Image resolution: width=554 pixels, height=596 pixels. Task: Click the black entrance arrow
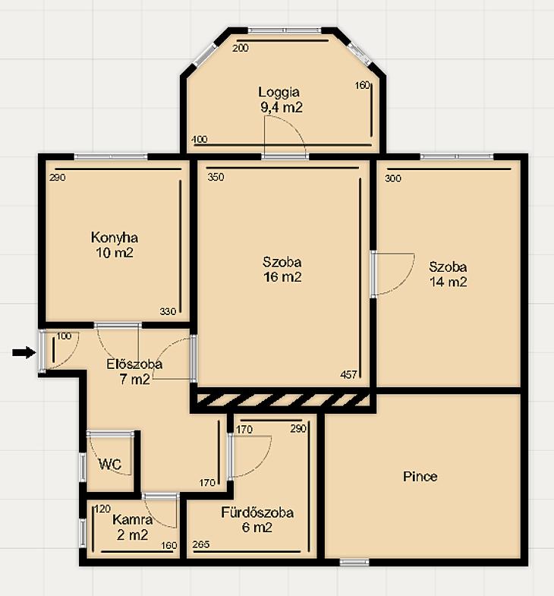(x=24, y=353)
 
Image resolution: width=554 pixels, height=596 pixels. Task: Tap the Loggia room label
(x=279, y=92)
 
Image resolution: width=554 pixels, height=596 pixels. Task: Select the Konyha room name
(x=115, y=238)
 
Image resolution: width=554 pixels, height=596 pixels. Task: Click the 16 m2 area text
(x=282, y=276)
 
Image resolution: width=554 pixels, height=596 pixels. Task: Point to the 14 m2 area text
(x=448, y=282)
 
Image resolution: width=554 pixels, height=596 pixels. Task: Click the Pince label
(x=420, y=476)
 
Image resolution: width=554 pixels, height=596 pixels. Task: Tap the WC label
(x=110, y=464)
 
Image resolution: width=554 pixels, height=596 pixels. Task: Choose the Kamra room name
(x=133, y=519)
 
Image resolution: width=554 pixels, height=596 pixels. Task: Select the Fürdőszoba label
(x=257, y=512)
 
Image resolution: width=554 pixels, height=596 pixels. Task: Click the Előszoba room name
(x=134, y=364)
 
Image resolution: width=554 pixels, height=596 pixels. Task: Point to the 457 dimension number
(x=348, y=375)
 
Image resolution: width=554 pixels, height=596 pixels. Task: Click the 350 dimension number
(x=216, y=177)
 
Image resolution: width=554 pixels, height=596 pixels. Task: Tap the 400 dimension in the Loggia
(x=200, y=139)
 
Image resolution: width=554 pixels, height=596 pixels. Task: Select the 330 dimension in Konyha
(x=168, y=312)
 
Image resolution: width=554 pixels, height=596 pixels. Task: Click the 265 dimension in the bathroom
(x=201, y=544)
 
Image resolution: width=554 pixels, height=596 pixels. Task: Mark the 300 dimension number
(x=393, y=178)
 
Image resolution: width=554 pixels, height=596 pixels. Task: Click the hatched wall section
(x=283, y=400)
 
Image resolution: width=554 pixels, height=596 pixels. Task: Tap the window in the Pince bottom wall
(x=354, y=562)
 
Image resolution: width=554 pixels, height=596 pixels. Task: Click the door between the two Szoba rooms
(x=374, y=273)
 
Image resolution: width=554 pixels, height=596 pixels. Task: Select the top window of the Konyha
(x=111, y=156)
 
